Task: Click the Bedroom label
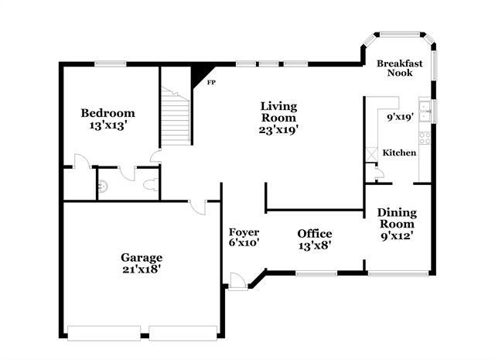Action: point(108,113)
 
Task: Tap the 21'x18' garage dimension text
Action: point(142,269)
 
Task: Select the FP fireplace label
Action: point(211,83)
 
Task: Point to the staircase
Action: point(176,115)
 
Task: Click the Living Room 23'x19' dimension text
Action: point(278,129)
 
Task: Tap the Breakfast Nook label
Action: point(400,68)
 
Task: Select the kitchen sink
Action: point(425,111)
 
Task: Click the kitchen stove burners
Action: point(425,138)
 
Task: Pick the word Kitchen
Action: point(399,153)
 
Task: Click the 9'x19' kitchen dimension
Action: point(401,117)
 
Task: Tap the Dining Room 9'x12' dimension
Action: point(397,236)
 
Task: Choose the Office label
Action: point(315,234)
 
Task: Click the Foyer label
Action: point(244,232)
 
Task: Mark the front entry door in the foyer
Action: point(238,281)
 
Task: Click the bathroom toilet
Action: point(151,184)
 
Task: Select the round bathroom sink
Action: point(103,186)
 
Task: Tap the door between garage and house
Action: point(198,207)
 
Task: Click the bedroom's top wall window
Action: point(111,64)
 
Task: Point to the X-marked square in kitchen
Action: point(371,155)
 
